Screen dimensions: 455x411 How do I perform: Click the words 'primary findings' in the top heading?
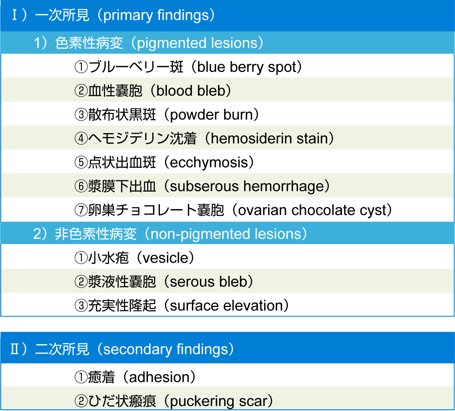(156, 15)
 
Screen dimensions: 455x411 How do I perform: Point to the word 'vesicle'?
(166, 258)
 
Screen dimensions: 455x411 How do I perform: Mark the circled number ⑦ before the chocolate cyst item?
(81, 210)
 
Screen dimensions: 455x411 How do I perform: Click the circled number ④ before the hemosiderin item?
(81, 139)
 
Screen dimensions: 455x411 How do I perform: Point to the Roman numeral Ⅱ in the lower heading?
(15, 349)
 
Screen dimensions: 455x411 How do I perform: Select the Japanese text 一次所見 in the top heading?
(63, 15)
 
